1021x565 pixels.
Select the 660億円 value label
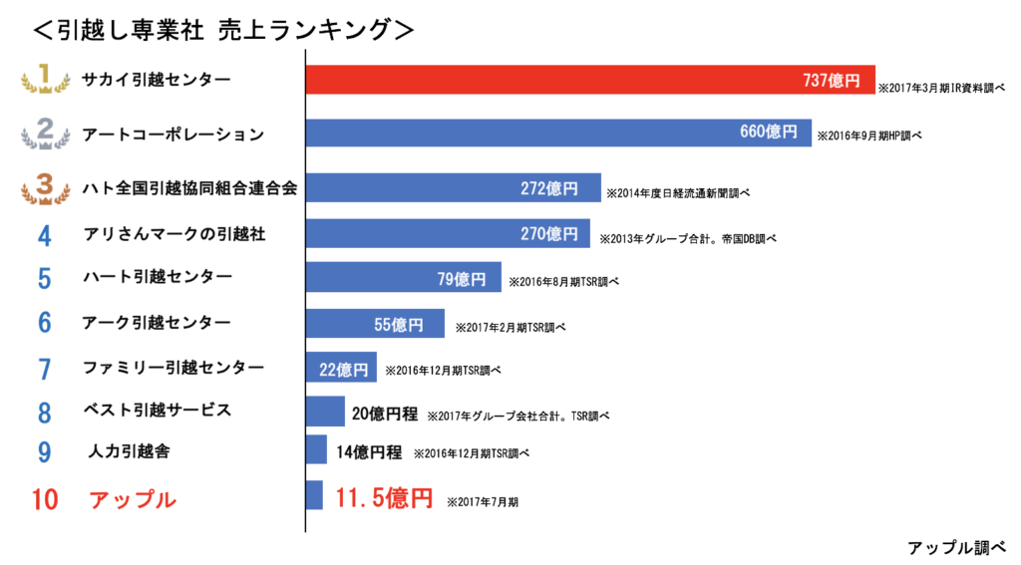tap(768, 132)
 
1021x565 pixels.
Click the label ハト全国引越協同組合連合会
tap(190, 187)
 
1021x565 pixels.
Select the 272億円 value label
tap(548, 188)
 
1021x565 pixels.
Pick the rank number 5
tap(45, 278)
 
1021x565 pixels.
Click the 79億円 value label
tap(462, 278)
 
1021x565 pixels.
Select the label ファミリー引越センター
tap(173, 368)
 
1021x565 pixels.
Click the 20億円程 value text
tap(385, 414)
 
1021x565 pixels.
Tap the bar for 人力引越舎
tap(316, 449)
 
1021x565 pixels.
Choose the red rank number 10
tap(45, 499)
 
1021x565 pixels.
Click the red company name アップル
tap(133, 499)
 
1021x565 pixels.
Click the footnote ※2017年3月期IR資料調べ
tap(940, 89)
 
